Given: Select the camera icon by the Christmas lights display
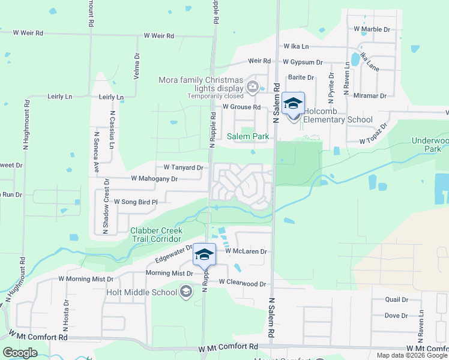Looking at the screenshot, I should [252, 87].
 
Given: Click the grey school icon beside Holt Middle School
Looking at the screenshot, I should [186, 292].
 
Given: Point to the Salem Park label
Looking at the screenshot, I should [247, 136].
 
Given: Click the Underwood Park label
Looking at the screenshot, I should [430, 144].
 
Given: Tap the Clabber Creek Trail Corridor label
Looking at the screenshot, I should [156, 235].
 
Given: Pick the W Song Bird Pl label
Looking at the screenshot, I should [136, 202].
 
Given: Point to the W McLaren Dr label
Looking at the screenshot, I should [246, 251].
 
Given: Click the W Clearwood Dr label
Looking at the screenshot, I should [242, 281].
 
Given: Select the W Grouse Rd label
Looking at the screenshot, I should [241, 107].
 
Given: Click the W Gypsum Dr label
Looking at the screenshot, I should [303, 62].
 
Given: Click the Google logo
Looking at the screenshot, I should [20, 353].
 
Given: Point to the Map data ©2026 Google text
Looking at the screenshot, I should [412, 355].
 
